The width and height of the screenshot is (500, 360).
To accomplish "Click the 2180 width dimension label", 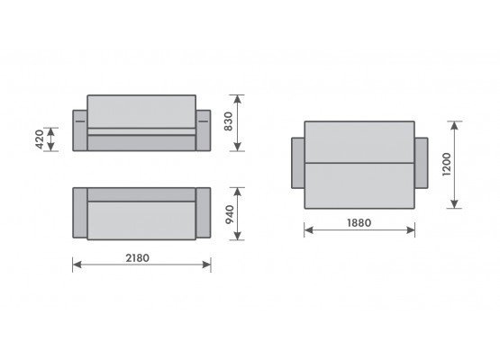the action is (137, 257).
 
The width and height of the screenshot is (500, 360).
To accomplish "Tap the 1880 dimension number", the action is (359, 222).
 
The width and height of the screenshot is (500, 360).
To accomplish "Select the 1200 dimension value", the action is (447, 165).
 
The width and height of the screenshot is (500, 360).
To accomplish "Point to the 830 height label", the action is (228, 121).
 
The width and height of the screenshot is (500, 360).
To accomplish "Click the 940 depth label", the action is (230, 215).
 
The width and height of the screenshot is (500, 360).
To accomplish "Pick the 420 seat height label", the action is (40, 139).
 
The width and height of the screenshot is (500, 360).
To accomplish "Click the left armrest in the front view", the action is (80, 130).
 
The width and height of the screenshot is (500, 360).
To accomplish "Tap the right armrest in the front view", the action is (203, 130).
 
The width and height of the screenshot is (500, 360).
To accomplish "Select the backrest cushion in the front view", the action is (141, 112).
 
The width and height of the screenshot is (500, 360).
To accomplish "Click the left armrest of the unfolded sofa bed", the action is (298, 163).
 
